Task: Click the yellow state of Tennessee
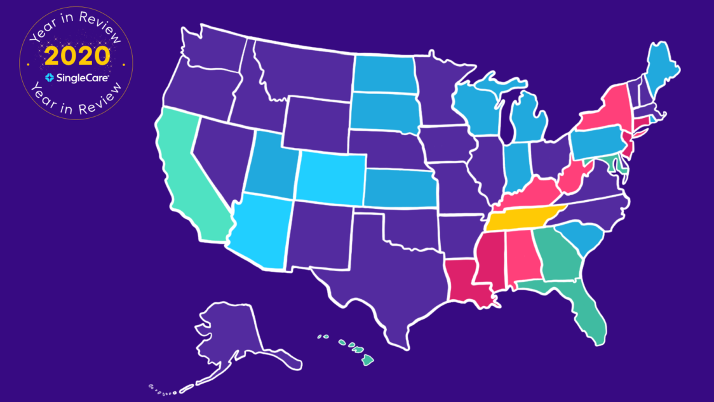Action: [521, 220]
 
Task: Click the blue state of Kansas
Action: [397, 189]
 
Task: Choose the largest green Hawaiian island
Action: [367, 360]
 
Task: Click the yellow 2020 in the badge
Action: [77, 57]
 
